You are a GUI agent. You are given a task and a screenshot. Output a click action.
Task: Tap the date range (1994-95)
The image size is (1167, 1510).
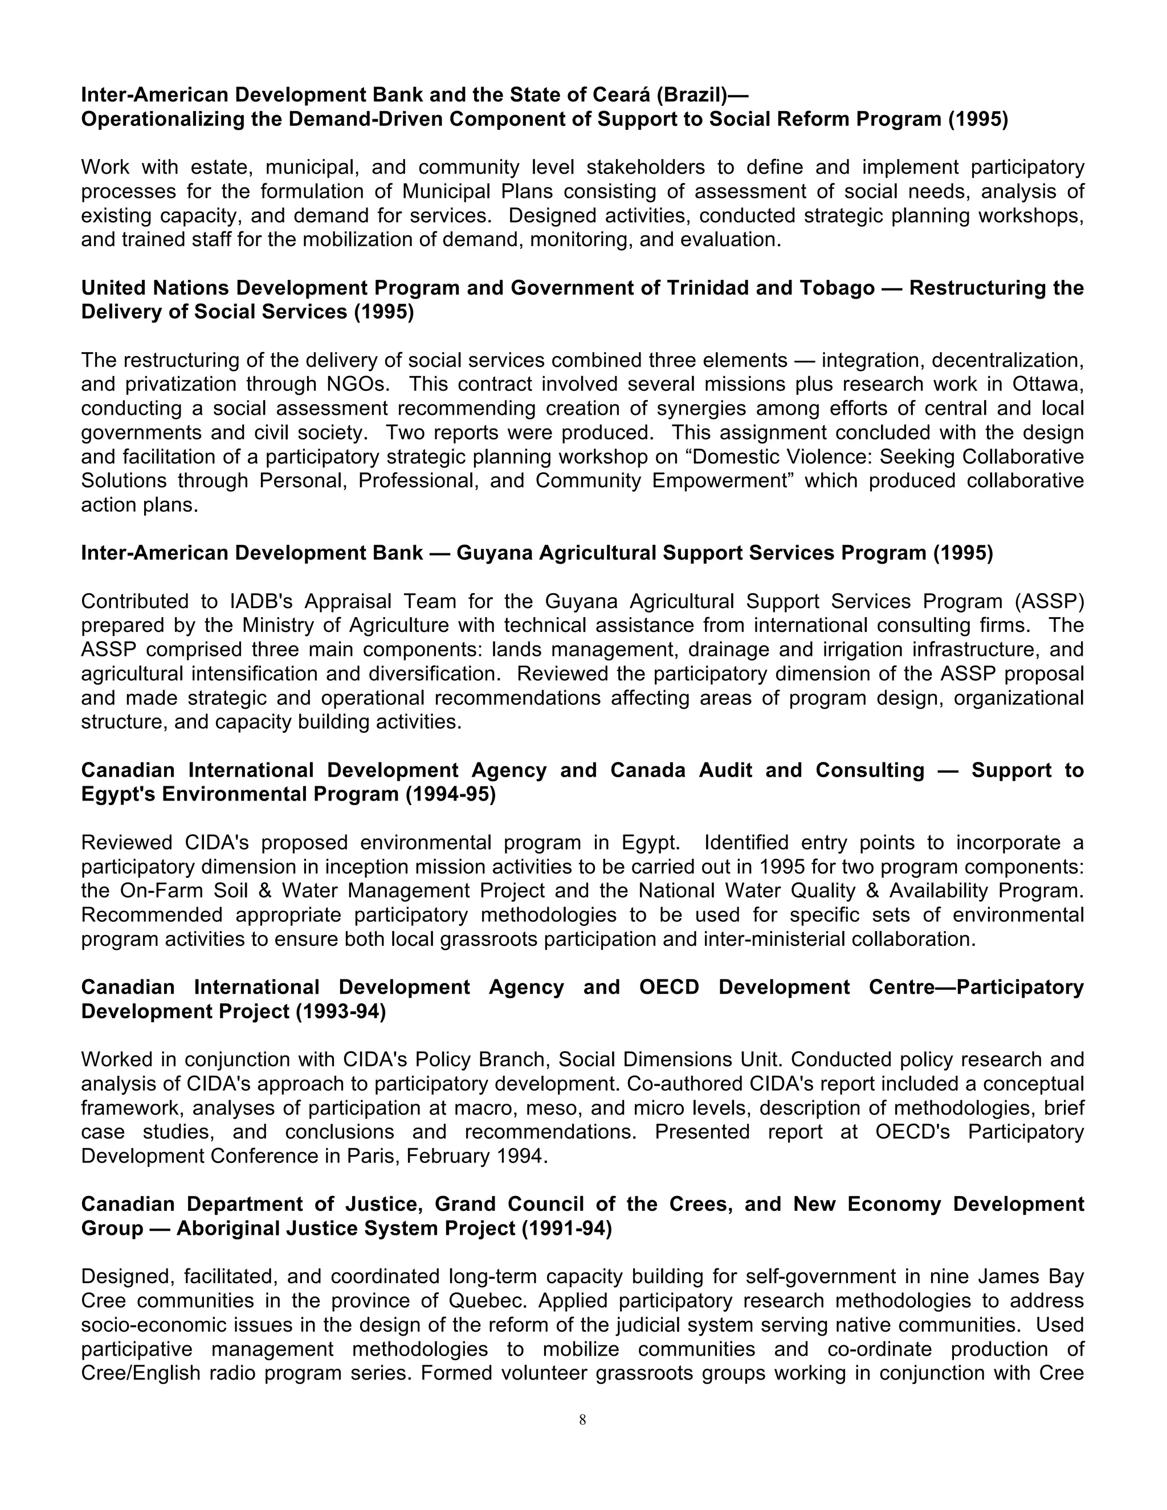(451, 794)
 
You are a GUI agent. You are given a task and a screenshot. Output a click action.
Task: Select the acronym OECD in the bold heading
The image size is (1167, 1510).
(668, 987)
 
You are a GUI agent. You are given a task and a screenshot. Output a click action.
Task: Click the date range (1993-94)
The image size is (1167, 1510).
(341, 1011)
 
